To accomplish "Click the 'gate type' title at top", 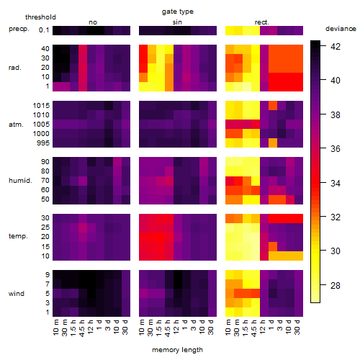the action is coord(178,12).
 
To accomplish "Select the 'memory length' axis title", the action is coord(177,350).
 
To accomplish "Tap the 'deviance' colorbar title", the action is coord(341,29).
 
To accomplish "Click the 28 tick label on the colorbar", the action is coord(336,285).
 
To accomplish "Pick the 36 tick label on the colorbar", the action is coord(336,149).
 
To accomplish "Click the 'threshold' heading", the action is coord(40,17).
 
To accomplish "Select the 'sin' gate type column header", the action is coord(177,22).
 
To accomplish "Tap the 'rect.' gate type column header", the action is coord(262,22).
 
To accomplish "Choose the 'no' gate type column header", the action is coord(93,22).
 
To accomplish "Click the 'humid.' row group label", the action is coord(20,181).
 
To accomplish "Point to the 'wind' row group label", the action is coord(17,294).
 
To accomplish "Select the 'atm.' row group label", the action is coord(16,125).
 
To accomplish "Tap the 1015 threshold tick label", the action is coord(41,106).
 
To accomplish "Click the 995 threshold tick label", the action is coord(43,143).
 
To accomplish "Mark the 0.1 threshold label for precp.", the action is coord(44,30).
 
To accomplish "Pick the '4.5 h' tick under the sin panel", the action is coord(168,328).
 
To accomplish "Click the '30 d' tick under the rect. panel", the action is coord(297,327).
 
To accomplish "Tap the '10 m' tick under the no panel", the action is coord(55,327).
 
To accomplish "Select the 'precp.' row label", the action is coord(19,29).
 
